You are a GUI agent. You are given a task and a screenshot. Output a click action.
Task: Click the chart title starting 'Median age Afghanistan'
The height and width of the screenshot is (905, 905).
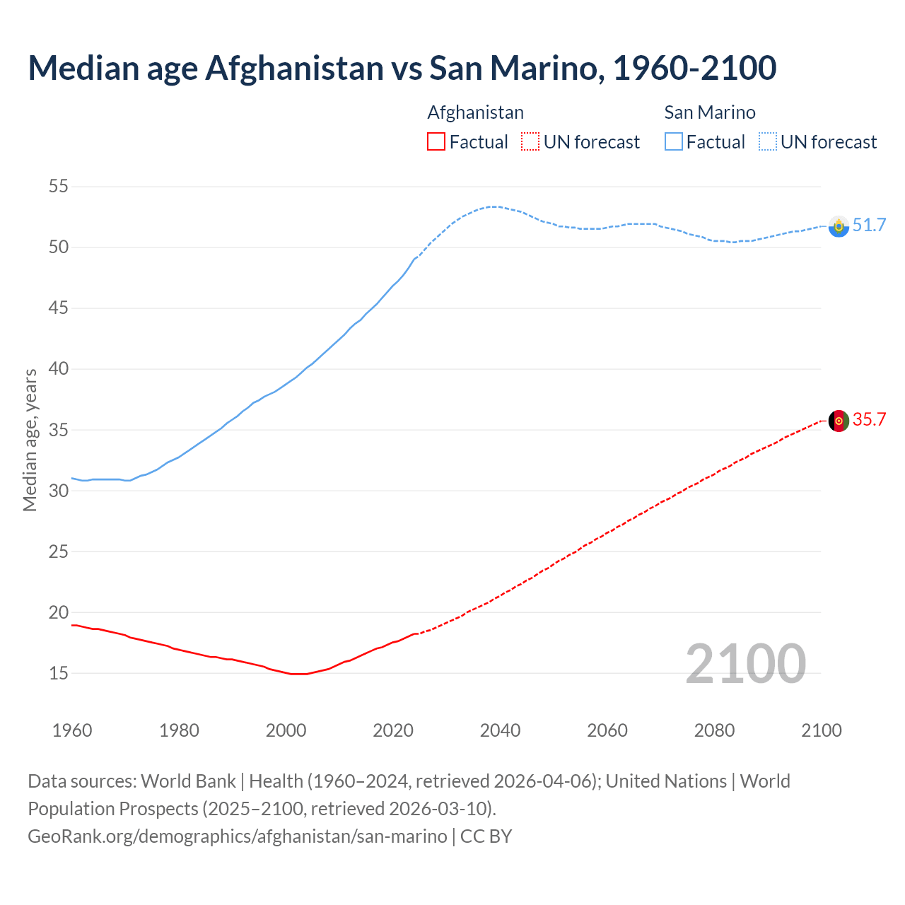pos(402,68)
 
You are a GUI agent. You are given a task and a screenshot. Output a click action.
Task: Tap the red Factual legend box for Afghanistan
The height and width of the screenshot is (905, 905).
pos(436,142)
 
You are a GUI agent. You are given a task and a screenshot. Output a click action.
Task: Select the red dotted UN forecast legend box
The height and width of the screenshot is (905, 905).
pos(530,142)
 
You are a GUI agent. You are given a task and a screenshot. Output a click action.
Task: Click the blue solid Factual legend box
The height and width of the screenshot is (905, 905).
pos(673,142)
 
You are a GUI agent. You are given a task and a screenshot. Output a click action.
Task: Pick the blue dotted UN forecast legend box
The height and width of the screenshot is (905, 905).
pos(767,142)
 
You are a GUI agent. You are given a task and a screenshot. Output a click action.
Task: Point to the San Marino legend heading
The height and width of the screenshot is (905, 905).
pos(709,112)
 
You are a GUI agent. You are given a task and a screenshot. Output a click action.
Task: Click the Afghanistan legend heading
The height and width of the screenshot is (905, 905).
pos(475,112)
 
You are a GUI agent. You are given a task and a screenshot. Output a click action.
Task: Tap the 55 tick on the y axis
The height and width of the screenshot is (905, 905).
pos(58,187)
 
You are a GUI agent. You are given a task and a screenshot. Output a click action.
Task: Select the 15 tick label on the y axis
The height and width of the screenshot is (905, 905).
pos(58,673)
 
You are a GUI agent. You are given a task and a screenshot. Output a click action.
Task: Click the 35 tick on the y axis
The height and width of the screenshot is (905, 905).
pos(58,430)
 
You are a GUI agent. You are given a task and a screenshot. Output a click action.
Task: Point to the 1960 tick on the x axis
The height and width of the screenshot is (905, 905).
pos(72,730)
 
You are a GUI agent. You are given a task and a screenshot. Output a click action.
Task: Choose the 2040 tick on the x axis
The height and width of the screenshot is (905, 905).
pos(500,730)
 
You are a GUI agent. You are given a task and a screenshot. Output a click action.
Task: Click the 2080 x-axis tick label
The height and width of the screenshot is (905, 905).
pos(714,730)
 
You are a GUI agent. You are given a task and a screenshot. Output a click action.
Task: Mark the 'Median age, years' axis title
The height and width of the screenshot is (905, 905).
pos(30,440)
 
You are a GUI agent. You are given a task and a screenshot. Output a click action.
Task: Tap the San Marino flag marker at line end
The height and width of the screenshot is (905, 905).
pos(839,226)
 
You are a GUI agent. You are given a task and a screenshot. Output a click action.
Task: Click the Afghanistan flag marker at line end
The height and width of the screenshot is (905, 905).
pos(839,421)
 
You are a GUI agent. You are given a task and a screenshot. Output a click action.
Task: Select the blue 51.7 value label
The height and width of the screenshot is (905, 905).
pos(869,226)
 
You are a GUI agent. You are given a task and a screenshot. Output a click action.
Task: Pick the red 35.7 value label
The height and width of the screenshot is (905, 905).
pos(869,420)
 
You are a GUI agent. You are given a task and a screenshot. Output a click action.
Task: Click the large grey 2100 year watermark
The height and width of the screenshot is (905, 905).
pos(745,663)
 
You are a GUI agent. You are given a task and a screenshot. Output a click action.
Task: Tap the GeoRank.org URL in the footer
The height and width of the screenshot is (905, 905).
pos(237,836)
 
